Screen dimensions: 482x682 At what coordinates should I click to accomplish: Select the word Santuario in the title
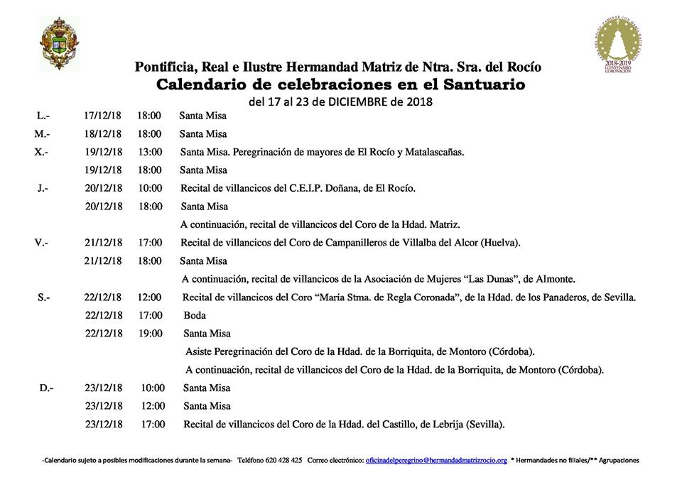coord(481,84)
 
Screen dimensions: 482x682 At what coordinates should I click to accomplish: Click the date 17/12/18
coord(103,115)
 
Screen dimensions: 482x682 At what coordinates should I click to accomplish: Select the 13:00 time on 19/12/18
coord(150,152)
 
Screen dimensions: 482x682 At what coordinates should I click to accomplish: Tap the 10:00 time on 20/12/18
coord(150,188)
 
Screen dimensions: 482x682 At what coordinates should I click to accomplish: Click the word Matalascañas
coord(433,152)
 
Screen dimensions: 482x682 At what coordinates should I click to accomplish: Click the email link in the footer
coord(436,460)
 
